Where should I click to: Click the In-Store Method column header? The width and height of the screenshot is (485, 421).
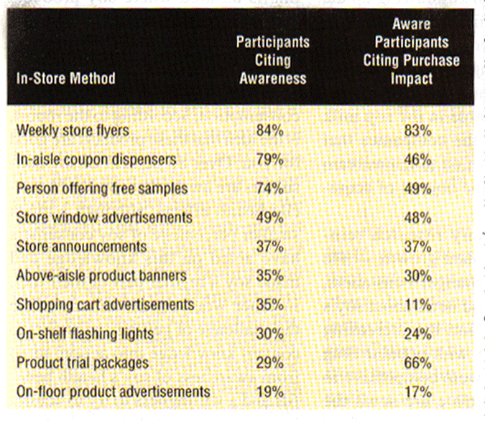coord(65,78)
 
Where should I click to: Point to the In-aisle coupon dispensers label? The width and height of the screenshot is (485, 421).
coord(96,159)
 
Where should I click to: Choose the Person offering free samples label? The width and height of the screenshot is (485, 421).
coord(101,189)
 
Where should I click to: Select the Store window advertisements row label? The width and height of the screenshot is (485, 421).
coord(104,217)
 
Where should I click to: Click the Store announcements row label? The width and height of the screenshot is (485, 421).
coord(81,246)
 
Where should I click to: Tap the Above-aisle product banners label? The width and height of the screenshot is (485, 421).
coord(101,275)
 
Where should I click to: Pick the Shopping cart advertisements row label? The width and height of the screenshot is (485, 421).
coord(105,305)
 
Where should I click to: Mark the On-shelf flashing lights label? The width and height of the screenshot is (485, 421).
coord(85,334)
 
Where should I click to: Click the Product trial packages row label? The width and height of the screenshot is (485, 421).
coord(82,363)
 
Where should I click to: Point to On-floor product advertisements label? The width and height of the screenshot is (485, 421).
coord(114,392)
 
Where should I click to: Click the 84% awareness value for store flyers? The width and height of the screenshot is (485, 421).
coord(269,131)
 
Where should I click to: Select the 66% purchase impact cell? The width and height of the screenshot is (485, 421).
coord(417,363)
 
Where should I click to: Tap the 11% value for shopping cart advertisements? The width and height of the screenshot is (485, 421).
coord(417,305)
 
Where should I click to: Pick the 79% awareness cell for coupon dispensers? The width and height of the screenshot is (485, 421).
coord(269,159)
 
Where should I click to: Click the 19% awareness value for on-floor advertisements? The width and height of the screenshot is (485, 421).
coord(269,392)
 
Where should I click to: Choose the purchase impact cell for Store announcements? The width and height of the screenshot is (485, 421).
coord(417,246)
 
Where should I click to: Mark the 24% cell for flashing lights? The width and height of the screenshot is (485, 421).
coord(417,334)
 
